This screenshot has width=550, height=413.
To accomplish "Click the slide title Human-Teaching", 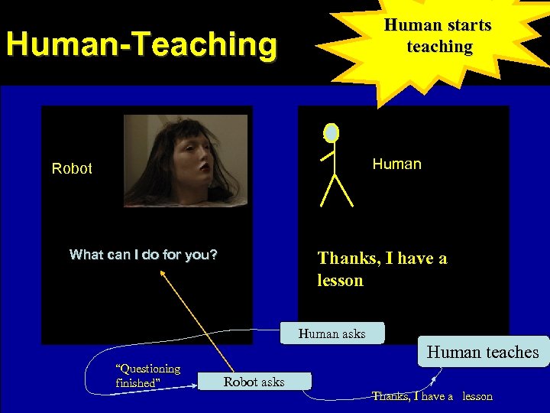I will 141,44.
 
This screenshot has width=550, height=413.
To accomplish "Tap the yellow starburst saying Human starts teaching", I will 438,37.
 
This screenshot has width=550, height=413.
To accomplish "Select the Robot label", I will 72,168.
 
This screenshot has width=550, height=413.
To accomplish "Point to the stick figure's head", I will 331,133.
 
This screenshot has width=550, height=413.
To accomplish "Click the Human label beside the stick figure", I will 396,164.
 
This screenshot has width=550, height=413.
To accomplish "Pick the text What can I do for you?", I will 143,255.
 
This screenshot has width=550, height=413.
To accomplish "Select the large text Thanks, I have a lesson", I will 382,269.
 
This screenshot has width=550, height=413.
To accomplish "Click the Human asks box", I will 332,333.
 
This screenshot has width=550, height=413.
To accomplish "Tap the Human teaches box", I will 483,352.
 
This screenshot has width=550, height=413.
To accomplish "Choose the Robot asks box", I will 254,382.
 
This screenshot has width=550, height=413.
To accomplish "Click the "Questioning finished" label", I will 147,376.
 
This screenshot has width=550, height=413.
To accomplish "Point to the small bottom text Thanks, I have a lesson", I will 432,396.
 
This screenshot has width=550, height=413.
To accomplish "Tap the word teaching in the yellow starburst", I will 439,47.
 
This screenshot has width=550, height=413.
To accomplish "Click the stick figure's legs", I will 337,191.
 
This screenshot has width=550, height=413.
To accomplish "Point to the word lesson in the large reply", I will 341,281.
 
